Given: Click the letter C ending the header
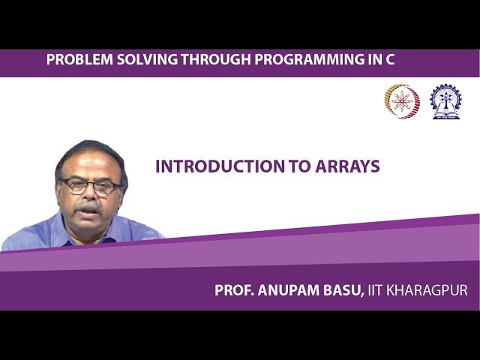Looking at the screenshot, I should (389, 60).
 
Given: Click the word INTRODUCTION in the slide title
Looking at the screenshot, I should (215, 166).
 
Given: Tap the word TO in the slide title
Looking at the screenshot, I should (289, 166).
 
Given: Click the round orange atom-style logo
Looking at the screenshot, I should (402, 101).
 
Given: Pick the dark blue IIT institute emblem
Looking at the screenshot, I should (445, 101).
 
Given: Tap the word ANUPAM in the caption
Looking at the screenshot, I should (290, 290).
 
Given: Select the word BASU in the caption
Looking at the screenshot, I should (346, 290).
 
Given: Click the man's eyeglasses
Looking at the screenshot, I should (89, 186).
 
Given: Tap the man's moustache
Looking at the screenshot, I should (88, 205).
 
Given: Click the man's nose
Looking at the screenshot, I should (88, 195).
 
